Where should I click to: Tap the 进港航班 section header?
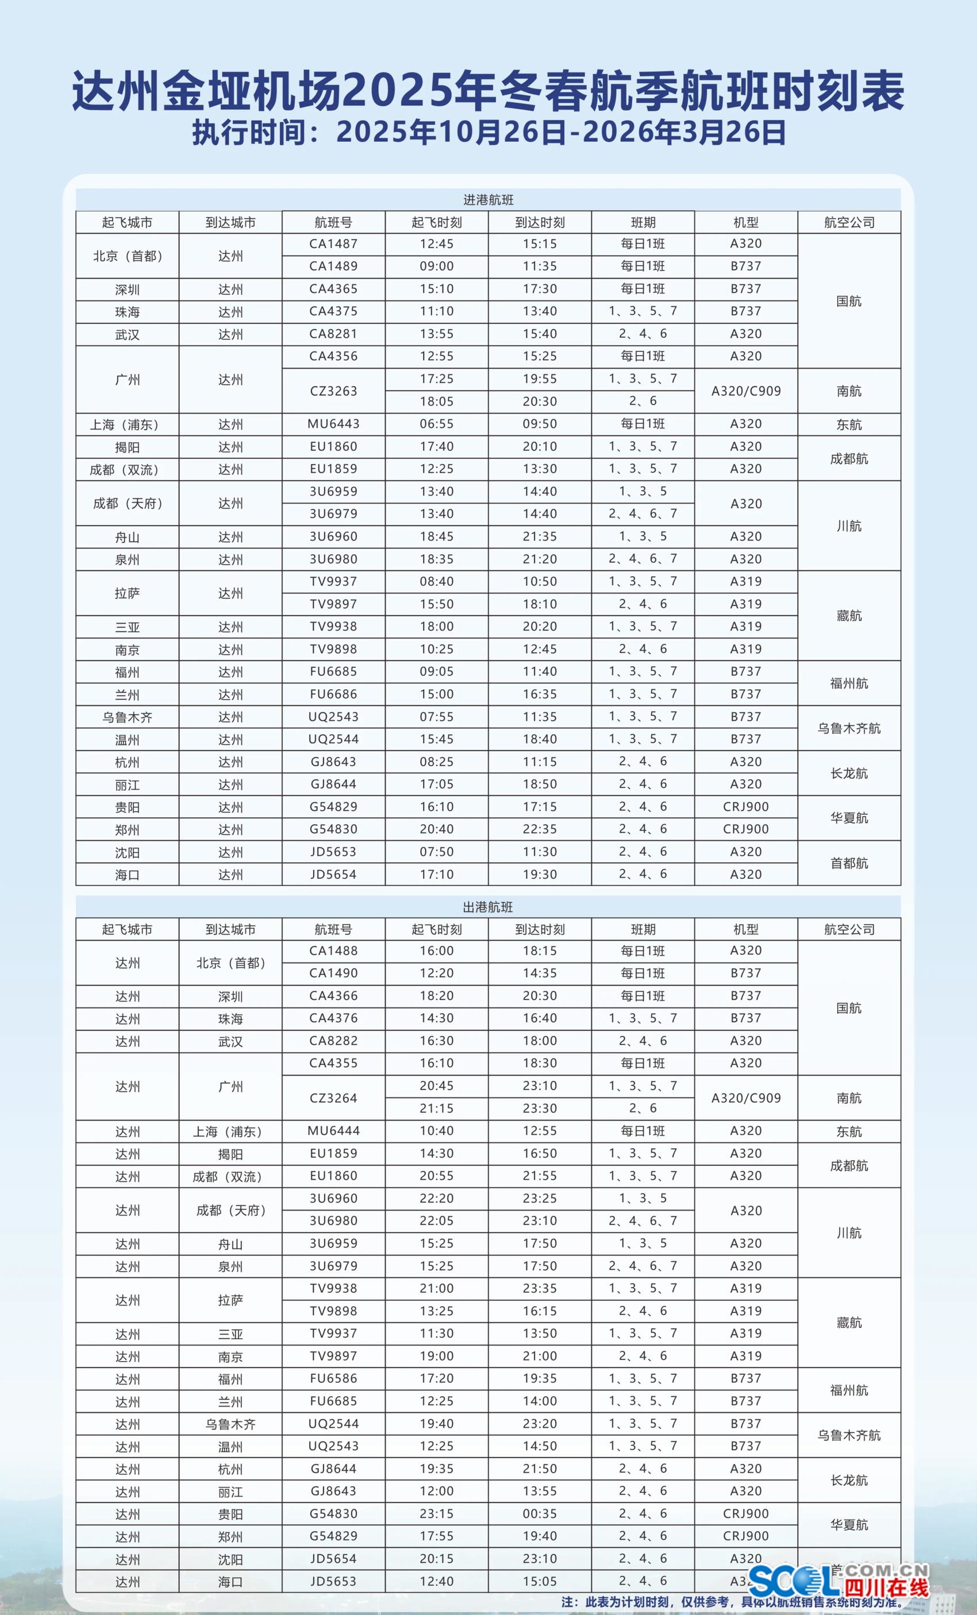point(488,200)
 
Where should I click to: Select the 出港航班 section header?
point(488,907)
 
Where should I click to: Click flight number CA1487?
point(333,244)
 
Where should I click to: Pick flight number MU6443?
point(333,424)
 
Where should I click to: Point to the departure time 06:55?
point(437,424)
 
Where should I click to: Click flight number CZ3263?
point(333,391)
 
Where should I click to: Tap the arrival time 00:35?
point(540,1513)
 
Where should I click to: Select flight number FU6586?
point(333,1378)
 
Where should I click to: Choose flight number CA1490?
point(333,973)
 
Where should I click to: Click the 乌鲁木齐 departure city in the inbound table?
point(127,717)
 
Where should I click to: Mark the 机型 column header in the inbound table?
point(746,222)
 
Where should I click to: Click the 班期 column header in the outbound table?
point(643,929)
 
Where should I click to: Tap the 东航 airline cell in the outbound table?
point(849,1131)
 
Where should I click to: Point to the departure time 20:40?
point(437,829)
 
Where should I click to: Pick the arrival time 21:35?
point(540,536)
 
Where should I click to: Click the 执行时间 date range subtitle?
point(488,132)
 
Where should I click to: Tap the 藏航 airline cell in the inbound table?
point(849,616)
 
